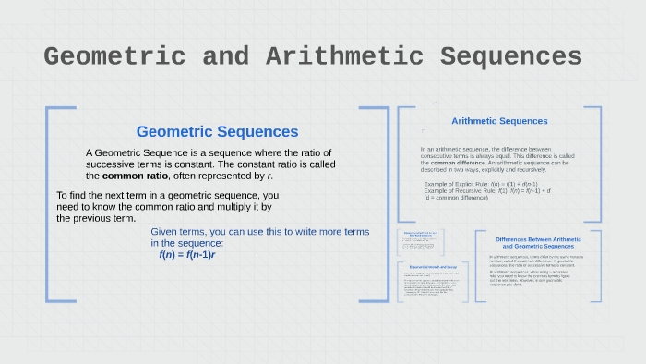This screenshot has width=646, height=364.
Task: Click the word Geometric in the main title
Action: [122, 56]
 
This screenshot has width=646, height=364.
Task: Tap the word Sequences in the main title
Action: [510, 56]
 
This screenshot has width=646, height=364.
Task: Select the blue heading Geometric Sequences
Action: [217, 132]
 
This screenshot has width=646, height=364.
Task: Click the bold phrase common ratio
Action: [135, 176]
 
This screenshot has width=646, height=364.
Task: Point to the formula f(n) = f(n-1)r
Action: [186, 254]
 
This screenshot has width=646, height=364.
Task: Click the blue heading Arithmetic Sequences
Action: [499, 121]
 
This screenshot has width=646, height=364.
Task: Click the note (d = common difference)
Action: [456, 198]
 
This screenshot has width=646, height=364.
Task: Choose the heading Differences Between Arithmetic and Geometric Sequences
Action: [538, 243]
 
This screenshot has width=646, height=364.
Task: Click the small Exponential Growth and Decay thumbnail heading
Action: [433, 268]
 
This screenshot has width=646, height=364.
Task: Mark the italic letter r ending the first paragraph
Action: [269, 176]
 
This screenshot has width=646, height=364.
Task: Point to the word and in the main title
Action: [226, 56]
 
